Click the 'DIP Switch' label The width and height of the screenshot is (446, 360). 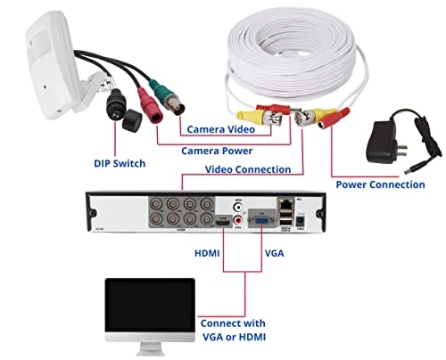click(x=120, y=163)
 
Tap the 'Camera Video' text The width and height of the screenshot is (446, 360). click(x=221, y=129)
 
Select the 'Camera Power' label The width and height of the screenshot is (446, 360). click(x=217, y=151)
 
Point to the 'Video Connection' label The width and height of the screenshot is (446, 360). click(x=248, y=169)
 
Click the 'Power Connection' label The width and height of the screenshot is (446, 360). click(x=380, y=184)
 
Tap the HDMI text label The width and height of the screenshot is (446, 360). click(x=207, y=253)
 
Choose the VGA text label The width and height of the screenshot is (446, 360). click(x=274, y=253)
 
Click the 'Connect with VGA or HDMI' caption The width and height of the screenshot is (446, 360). click(x=234, y=330)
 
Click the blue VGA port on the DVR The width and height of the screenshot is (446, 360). click(x=261, y=221)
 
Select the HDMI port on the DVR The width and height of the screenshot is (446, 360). click(x=223, y=221)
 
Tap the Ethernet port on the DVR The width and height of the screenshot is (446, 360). click(x=286, y=204)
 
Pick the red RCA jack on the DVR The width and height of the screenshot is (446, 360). click(x=238, y=220)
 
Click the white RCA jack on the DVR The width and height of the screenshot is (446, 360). click(x=238, y=207)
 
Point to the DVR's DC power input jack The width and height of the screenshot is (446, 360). click(x=301, y=220)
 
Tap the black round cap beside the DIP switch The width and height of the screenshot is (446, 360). click(x=132, y=120)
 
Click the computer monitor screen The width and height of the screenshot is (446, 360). click(x=150, y=305)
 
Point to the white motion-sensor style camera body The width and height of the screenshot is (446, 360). click(x=51, y=65)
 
